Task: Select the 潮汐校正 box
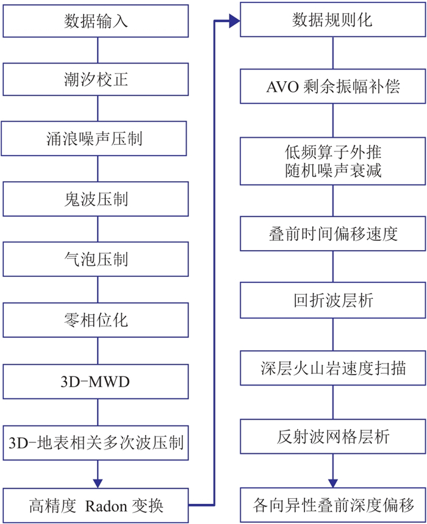(x=96, y=79)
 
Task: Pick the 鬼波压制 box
(x=96, y=199)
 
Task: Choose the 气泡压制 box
(x=96, y=259)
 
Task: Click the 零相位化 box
(x=96, y=319)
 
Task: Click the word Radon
(x=108, y=506)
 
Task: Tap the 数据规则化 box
(x=332, y=20)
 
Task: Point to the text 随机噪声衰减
(x=333, y=171)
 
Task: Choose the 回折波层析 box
(x=333, y=301)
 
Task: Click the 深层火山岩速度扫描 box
(x=333, y=368)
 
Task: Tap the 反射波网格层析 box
(x=333, y=437)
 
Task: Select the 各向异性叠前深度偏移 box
(x=333, y=506)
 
